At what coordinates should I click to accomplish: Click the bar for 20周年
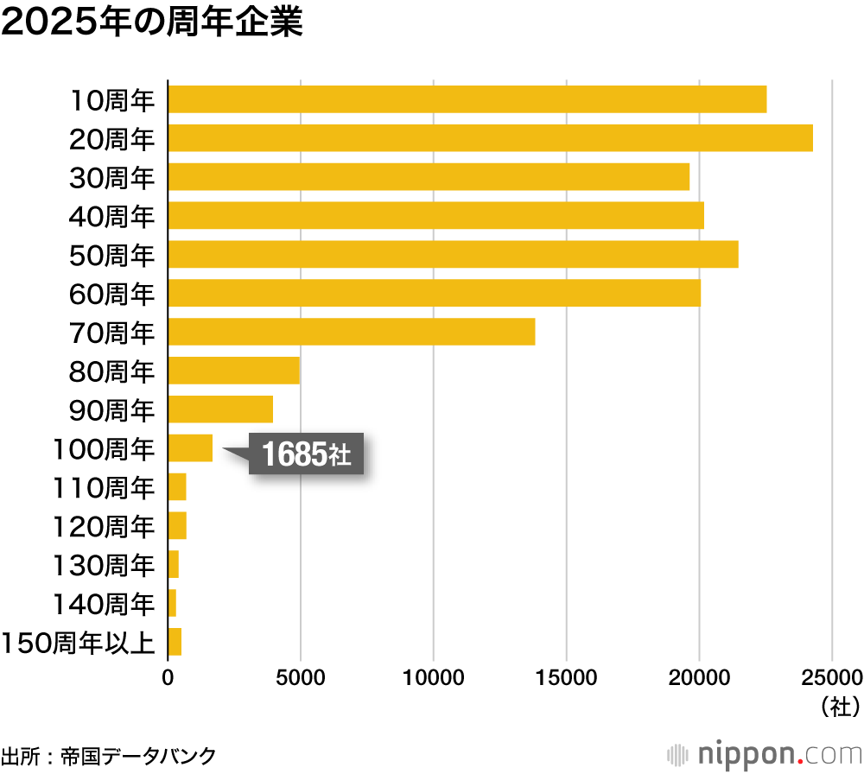click(490, 138)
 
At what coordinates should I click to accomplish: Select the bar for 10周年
click(467, 99)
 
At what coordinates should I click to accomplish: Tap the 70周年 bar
click(351, 332)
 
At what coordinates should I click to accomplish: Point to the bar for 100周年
click(190, 448)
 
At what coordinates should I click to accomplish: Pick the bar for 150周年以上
click(175, 642)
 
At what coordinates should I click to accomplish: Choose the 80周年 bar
click(233, 371)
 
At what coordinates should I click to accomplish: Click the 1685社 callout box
click(306, 454)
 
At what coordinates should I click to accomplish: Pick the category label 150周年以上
click(79, 643)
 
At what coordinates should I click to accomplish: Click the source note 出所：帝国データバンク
click(108, 754)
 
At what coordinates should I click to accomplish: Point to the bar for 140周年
click(172, 603)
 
